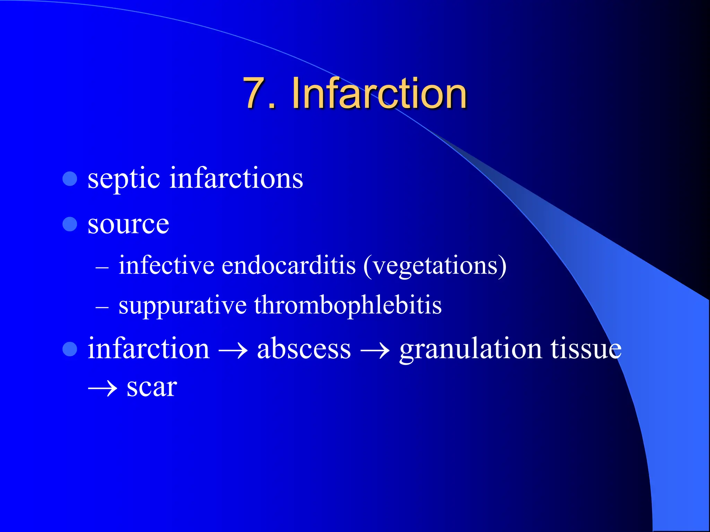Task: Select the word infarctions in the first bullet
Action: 236,178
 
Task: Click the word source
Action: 128,224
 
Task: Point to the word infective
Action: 166,266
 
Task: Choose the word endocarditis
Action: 288,266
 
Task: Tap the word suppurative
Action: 183,305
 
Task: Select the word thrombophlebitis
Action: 348,305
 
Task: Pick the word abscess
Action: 304,348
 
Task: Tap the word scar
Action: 152,387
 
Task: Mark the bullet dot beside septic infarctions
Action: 70,179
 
